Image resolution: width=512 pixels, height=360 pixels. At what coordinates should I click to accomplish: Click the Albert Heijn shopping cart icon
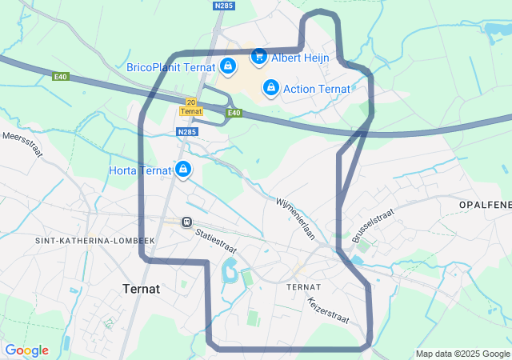(258, 56)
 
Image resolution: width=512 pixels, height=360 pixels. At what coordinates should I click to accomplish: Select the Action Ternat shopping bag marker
(271, 87)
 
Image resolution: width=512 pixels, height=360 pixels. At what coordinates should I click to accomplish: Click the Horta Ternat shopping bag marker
(184, 169)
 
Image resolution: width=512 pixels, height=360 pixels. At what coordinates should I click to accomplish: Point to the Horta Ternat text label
(141, 170)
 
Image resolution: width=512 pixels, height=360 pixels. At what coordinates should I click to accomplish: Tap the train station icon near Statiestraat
(186, 222)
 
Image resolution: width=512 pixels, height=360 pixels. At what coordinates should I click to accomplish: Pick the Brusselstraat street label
(373, 224)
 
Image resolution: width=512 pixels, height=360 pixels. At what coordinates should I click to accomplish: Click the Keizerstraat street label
(328, 310)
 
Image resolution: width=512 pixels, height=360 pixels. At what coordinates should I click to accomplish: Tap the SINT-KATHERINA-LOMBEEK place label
(94, 240)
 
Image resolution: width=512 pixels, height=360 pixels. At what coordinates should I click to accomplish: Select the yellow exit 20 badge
(190, 102)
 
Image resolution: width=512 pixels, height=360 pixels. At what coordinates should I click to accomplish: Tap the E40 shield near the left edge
(61, 77)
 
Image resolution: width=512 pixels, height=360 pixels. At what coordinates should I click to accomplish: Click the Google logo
(26, 350)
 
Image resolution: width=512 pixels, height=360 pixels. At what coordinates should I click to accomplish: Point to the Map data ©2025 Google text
(462, 354)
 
